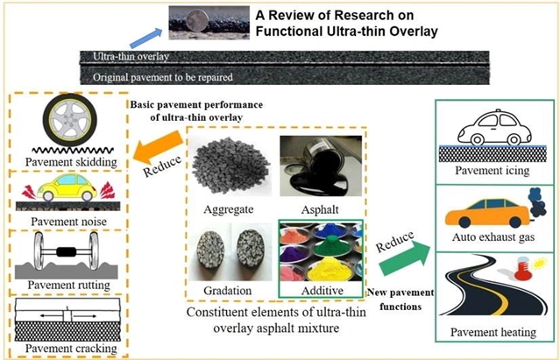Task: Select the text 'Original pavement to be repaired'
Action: pos(163,77)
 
